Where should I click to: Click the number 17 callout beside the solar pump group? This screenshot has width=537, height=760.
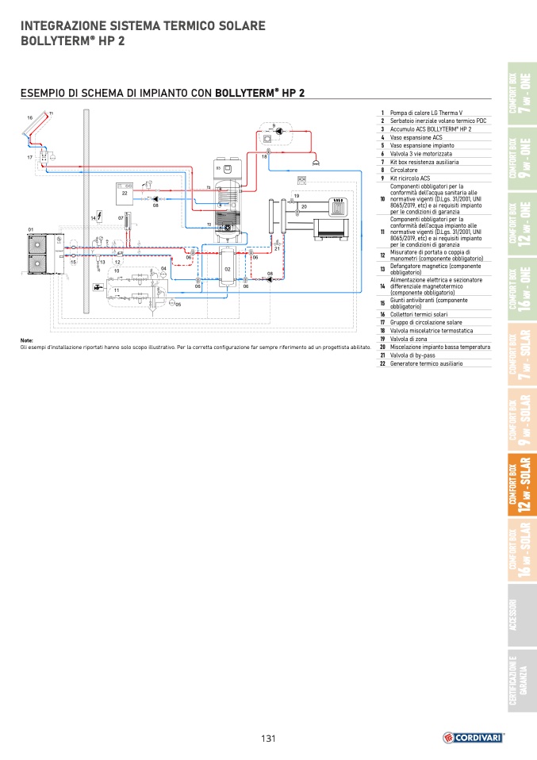(x=29, y=158)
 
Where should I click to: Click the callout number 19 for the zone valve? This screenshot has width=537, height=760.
(x=297, y=195)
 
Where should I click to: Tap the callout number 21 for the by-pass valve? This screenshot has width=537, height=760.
(x=277, y=248)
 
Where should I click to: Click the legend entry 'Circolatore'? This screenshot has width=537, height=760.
(x=404, y=170)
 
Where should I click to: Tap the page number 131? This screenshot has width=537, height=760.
(x=268, y=739)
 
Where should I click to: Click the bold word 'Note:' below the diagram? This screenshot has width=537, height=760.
(x=26, y=340)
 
